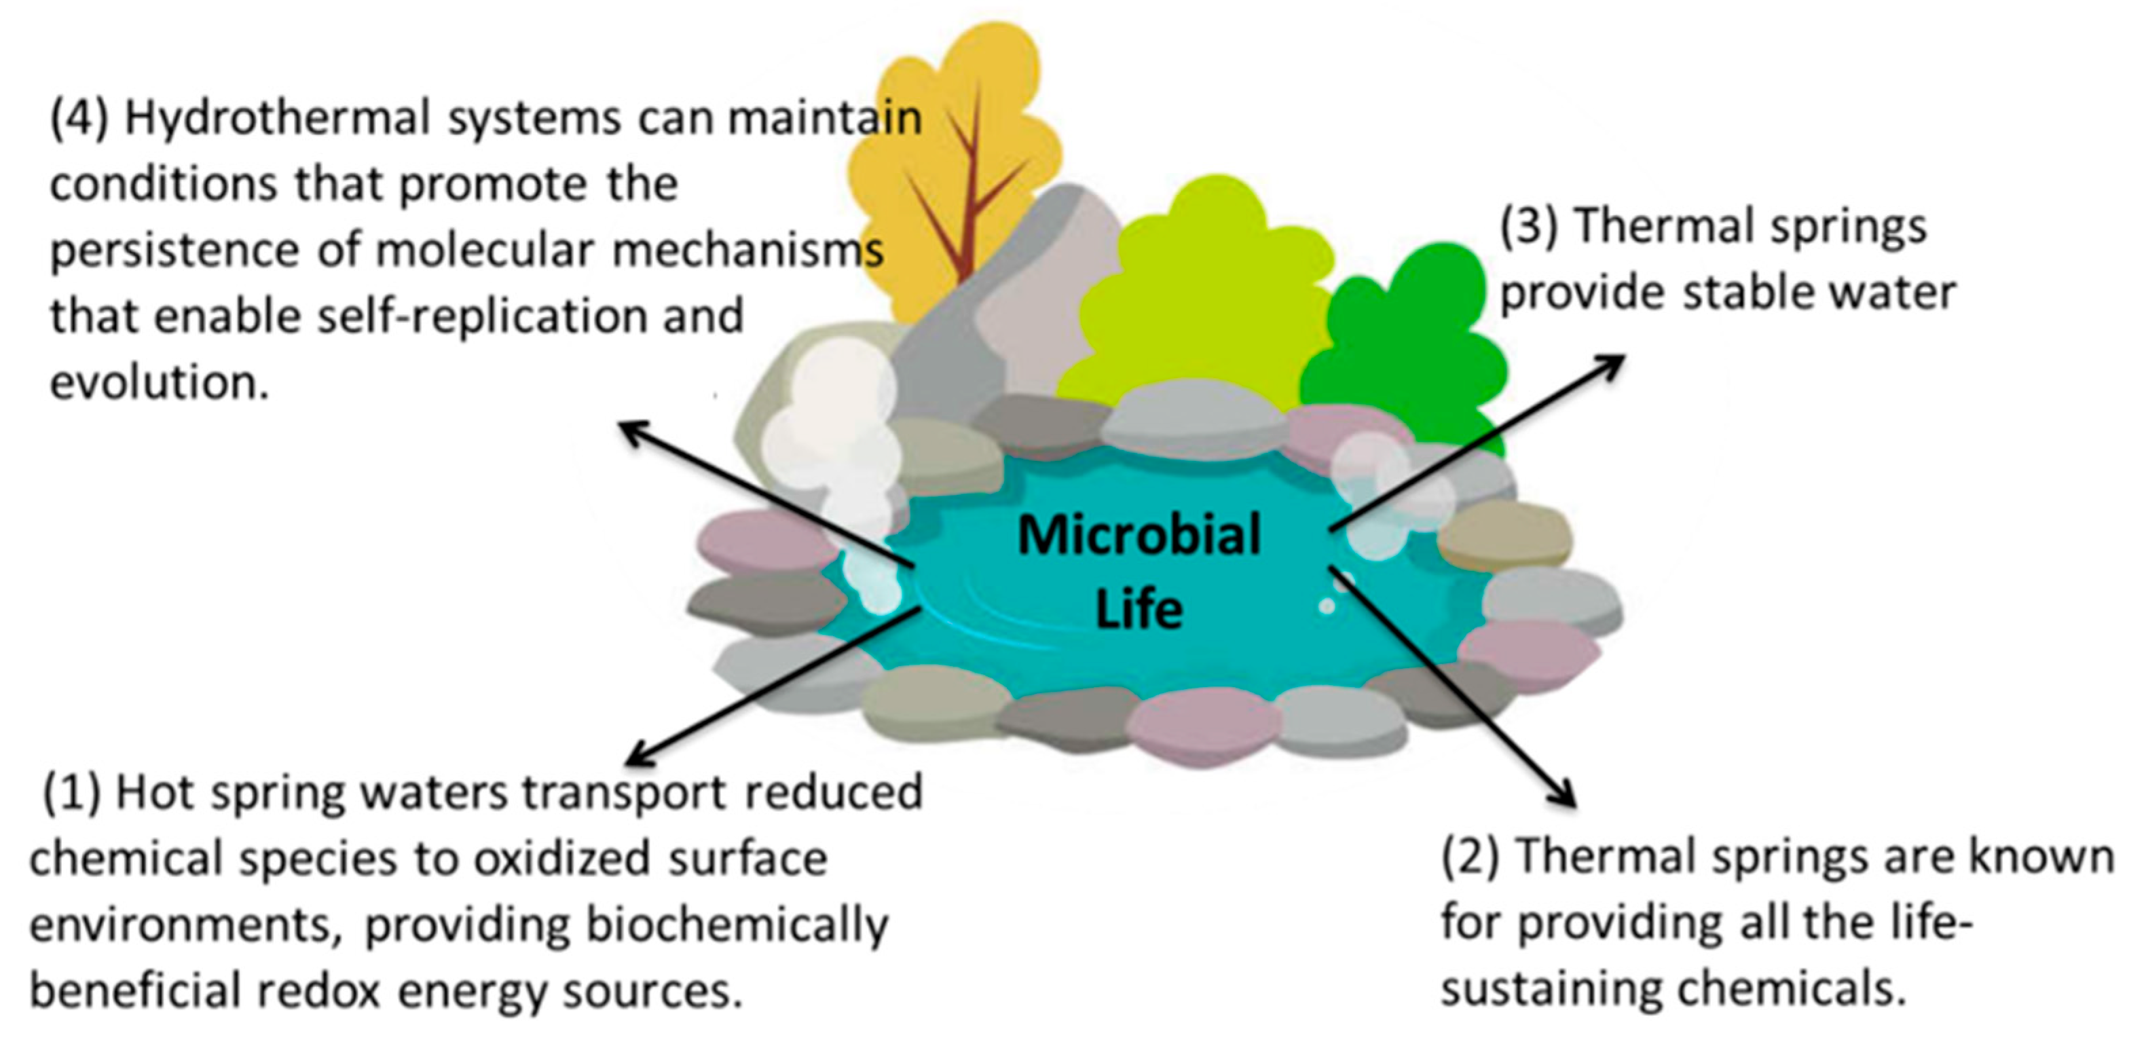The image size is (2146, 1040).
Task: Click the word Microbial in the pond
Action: coord(1139,535)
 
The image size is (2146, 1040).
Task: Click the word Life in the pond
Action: coord(1139,609)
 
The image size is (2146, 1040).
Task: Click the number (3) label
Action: coord(1530,227)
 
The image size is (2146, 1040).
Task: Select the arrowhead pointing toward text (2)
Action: coord(1566,796)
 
